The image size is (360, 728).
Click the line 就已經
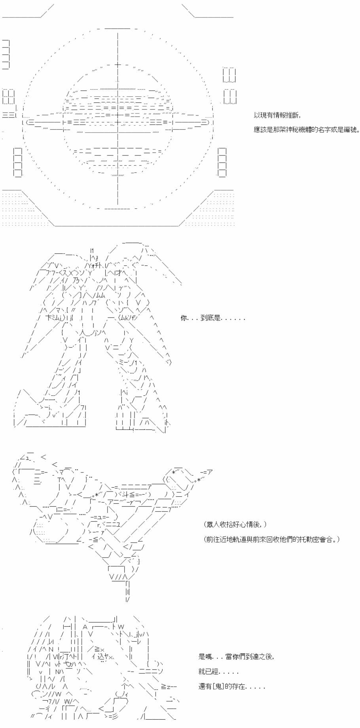208,671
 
